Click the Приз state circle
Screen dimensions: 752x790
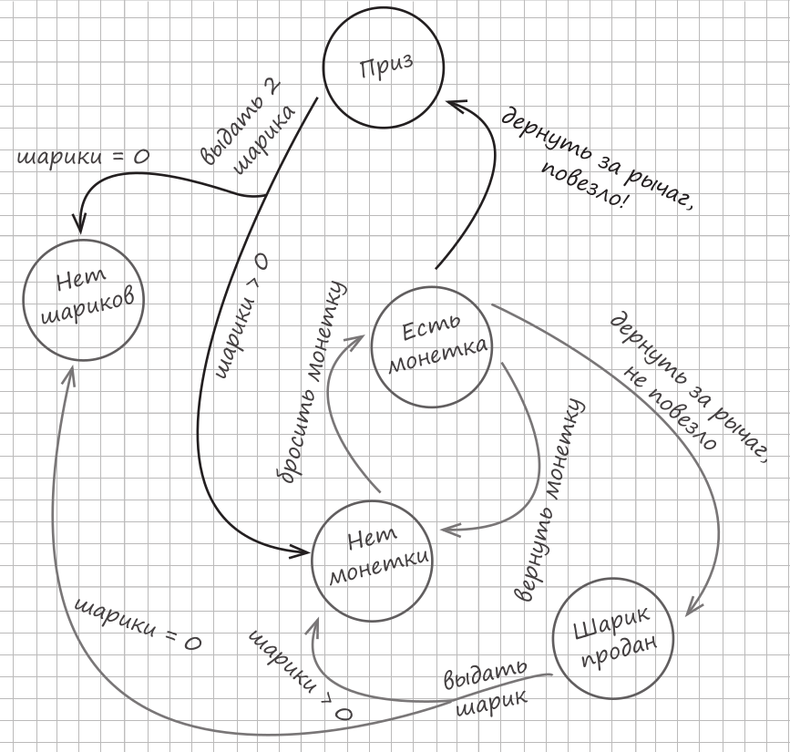pyautogui.click(x=384, y=67)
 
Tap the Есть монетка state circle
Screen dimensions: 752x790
pyautogui.click(x=434, y=347)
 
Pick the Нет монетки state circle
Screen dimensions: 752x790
pyautogui.click(x=373, y=557)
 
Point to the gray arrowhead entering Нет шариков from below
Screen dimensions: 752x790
pyautogui.click(x=71, y=375)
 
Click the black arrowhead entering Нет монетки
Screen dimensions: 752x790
pyautogui.click(x=302, y=551)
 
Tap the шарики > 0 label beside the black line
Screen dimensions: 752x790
pyautogui.click(x=241, y=315)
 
